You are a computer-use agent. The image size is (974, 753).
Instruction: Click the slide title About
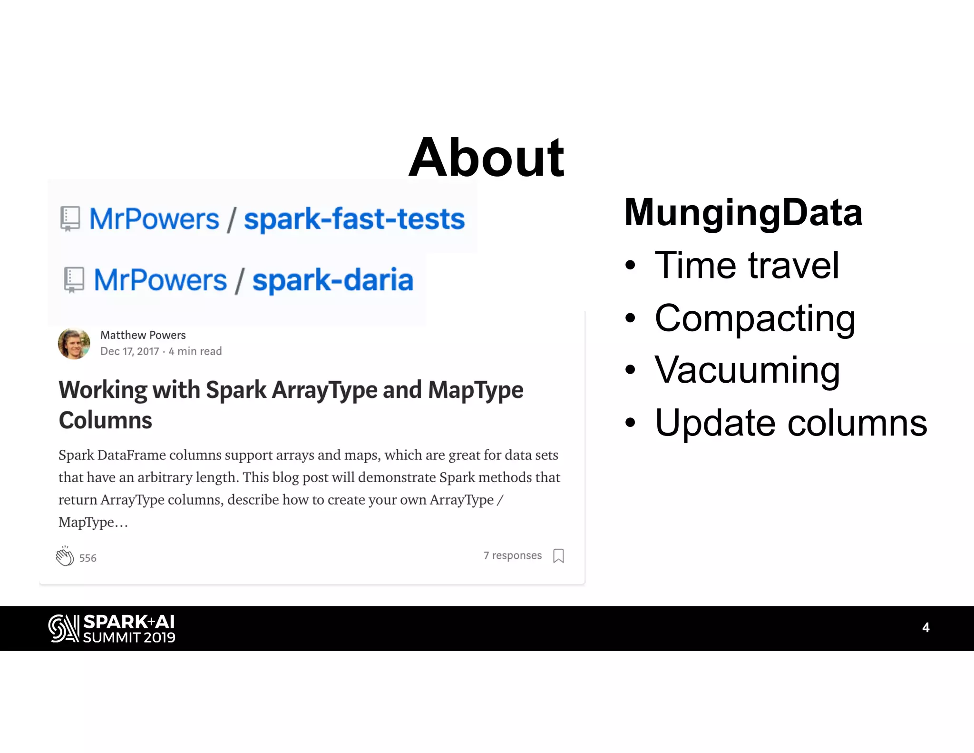point(486,158)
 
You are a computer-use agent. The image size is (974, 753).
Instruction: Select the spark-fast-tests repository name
point(354,219)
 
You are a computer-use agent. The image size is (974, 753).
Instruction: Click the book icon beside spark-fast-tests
point(70,219)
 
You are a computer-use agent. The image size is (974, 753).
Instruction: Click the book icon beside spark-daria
point(74,279)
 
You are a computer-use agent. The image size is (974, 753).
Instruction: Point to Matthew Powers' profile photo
point(74,343)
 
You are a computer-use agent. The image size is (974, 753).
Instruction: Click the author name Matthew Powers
point(143,335)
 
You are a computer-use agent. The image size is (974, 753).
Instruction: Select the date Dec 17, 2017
point(129,351)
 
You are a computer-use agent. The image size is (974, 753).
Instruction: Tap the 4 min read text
point(195,351)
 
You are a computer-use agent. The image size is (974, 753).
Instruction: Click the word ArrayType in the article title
point(324,390)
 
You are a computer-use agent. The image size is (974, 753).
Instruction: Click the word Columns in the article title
point(105,420)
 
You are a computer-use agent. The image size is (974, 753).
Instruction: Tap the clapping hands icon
point(65,556)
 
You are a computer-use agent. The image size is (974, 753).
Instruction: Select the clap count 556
point(88,558)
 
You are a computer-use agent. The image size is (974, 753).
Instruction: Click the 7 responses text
point(512,555)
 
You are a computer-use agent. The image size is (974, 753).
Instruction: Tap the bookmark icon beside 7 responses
point(558,555)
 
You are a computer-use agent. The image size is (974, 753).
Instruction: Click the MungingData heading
point(743,212)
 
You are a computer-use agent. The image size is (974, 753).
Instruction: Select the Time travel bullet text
point(747,265)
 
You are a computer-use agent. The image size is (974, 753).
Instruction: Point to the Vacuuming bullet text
point(747,370)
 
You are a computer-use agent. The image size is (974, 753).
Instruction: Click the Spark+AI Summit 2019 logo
point(112,628)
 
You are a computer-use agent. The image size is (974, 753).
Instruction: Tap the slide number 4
point(925,627)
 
